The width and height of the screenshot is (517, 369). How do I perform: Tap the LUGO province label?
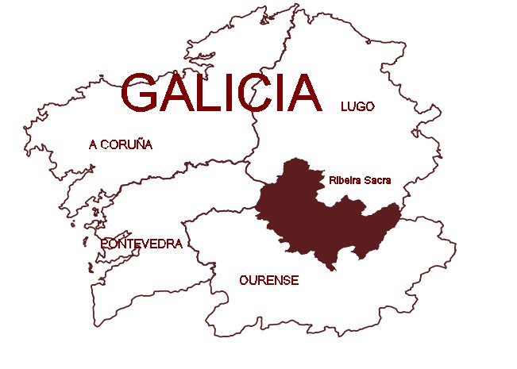click(x=357, y=106)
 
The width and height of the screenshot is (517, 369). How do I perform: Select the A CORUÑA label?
click(x=121, y=144)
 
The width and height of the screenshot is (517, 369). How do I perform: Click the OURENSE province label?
click(x=268, y=280)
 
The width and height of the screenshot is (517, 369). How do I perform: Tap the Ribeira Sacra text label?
click(x=361, y=181)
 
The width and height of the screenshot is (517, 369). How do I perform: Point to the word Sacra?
click(x=378, y=181)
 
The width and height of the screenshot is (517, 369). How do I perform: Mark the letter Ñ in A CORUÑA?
click(x=137, y=144)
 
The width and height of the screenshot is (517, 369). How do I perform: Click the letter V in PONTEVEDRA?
click(x=147, y=244)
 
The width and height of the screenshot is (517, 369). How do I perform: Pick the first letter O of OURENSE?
click(x=243, y=280)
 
